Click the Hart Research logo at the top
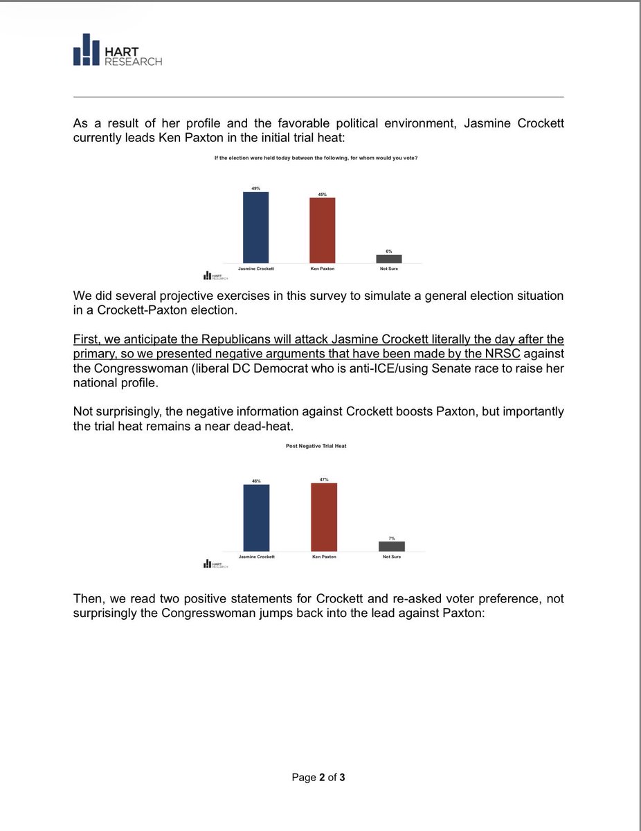(118, 50)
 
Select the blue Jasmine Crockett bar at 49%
(255, 227)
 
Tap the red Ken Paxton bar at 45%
(322, 230)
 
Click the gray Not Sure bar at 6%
(389, 258)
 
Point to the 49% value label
(255, 188)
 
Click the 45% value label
(322, 194)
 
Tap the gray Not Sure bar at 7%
(392, 546)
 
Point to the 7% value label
(392, 537)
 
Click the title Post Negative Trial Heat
(316, 446)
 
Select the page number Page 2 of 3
(318, 777)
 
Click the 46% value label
(256, 481)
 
